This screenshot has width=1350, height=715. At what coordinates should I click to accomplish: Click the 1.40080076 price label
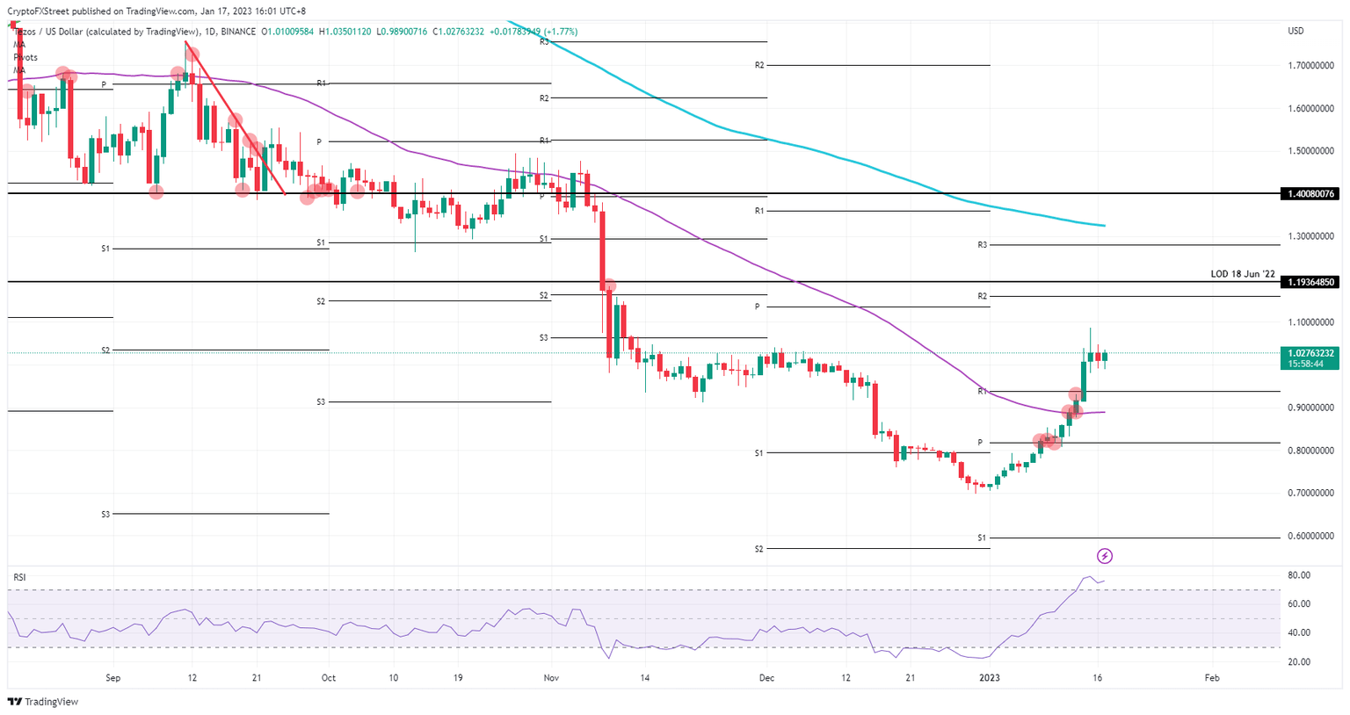(x=1310, y=193)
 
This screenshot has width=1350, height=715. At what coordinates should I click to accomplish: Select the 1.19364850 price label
(x=1310, y=282)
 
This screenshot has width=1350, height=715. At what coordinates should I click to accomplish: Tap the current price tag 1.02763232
(x=1310, y=353)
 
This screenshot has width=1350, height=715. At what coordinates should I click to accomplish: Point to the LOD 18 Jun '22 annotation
(x=1242, y=274)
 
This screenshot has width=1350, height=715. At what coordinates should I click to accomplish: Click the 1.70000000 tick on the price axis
(x=1310, y=66)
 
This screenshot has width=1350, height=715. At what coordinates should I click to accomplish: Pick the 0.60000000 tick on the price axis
(x=1310, y=536)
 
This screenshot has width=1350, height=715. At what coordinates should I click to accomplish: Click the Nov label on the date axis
(x=551, y=678)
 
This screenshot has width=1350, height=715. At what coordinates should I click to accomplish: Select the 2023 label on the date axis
(x=990, y=678)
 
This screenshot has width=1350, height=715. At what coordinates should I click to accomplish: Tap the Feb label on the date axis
(x=1212, y=678)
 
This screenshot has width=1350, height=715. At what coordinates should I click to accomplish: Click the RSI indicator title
(x=19, y=577)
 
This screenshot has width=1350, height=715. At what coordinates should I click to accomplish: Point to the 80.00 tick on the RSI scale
(x=1299, y=575)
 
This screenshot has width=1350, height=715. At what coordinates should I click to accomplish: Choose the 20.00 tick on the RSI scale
(x=1299, y=662)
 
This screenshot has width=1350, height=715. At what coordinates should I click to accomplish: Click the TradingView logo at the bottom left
(x=42, y=702)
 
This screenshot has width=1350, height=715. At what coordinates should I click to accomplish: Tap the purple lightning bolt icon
(x=1106, y=556)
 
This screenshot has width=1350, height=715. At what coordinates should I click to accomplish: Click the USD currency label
(x=1296, y=32)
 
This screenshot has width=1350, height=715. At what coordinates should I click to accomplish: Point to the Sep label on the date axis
(x=112, y=678)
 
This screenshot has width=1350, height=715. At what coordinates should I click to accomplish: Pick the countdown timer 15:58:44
(x=1305, y=364)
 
